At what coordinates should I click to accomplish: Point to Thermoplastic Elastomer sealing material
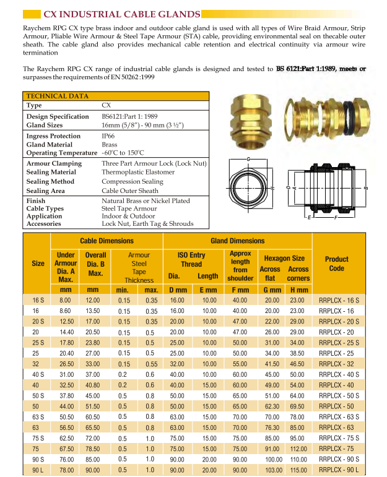(138, 173)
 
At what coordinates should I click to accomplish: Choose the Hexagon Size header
(284, 258)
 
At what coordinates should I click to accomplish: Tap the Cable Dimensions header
(107, 241)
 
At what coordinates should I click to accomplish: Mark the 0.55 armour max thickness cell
(151, 364)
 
